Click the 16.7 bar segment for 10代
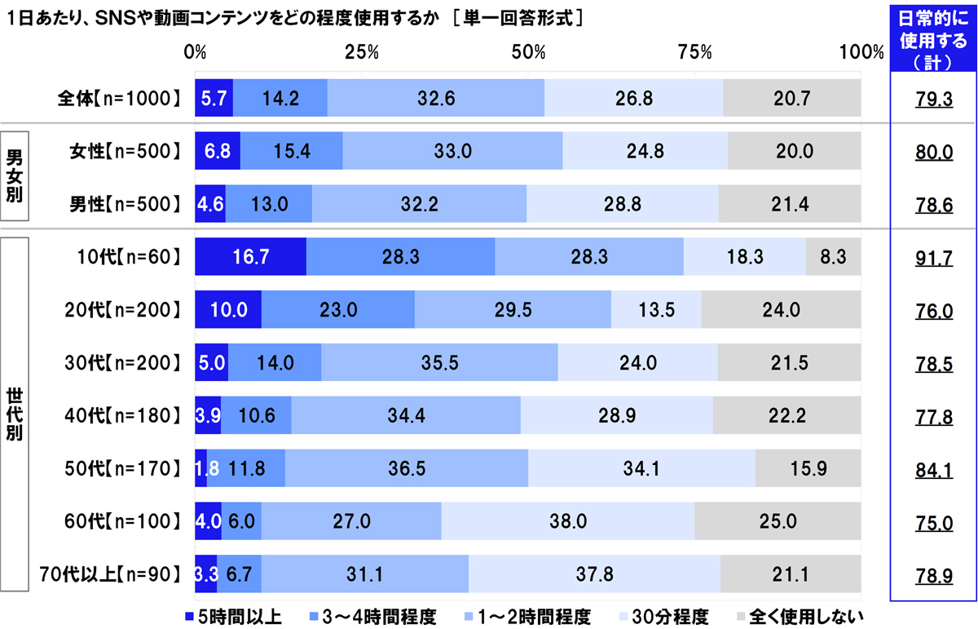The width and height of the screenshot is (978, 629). coord(250,257)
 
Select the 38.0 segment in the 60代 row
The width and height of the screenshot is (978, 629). coord(567,520)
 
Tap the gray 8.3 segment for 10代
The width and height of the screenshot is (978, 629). coord(833,257)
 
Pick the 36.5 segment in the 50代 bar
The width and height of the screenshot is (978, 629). coord(407,468)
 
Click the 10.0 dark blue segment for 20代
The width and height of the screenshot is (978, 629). coord(227,310)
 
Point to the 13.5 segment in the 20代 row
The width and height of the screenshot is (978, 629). coord(656,310)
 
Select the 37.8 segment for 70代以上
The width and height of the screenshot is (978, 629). coord(594,574)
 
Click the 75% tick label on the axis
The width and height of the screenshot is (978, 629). coord(695,53)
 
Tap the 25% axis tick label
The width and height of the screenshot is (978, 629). coord(362,53)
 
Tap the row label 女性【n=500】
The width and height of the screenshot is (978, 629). coord(123,152)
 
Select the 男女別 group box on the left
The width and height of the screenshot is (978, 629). coord(15,177)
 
